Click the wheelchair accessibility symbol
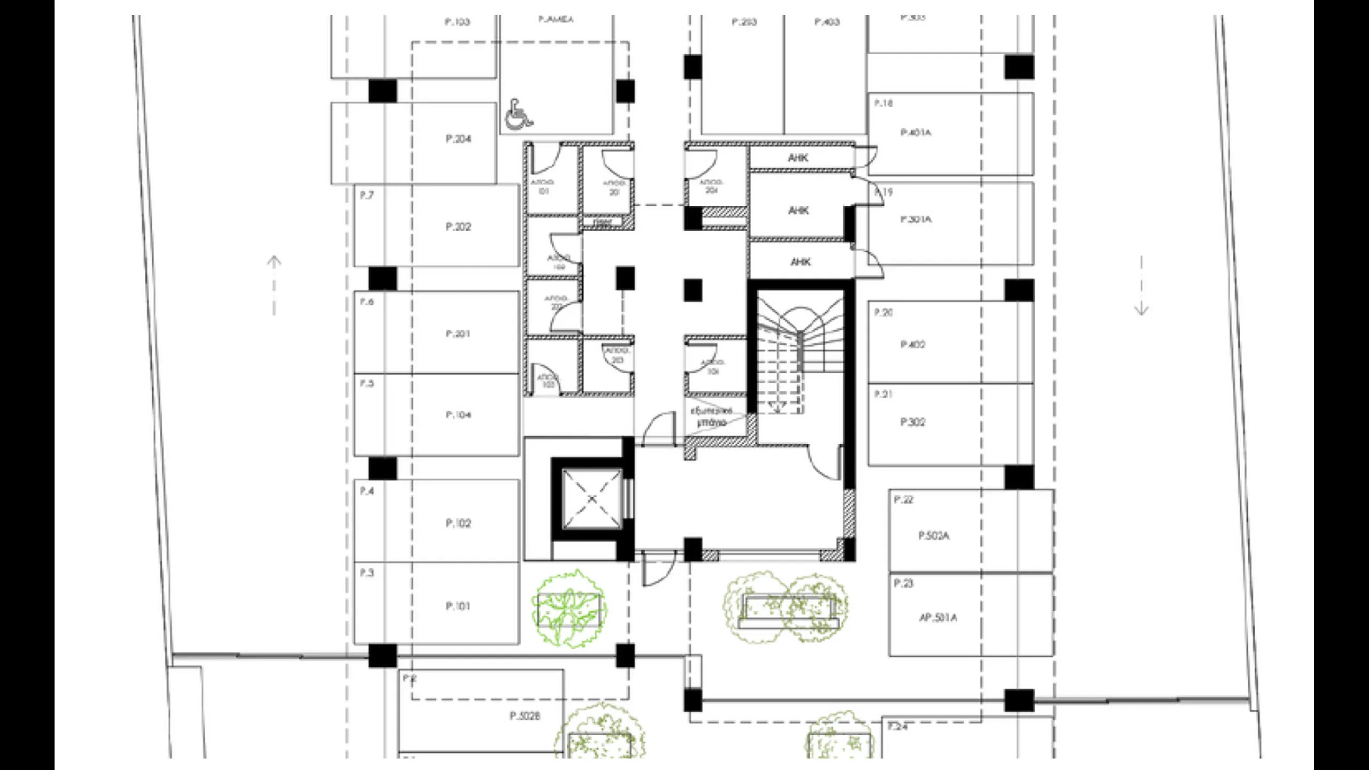[x=518, y=114]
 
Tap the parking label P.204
[x=458, y=139]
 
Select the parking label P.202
[x=458, y=227]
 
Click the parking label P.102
[x=458, y=523]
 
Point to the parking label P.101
[x=458, y=606]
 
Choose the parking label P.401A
[x=916, y=133]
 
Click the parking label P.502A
[x=934, y=536]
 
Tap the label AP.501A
[x=938, y=618]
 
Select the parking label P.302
[x=913, y=422]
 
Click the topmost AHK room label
[x=798, y=158]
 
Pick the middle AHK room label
[x=798, y=211]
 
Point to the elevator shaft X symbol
[x=591, y=499]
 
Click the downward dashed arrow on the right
[x=1141, y=286]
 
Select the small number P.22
[x=904, y=499]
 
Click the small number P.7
[x=366, y=196]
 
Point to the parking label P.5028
[x=525, y=715]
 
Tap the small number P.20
[x=883, y=312]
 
